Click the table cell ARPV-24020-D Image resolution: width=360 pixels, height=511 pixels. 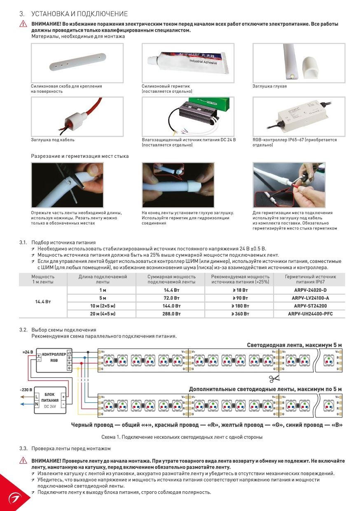310,290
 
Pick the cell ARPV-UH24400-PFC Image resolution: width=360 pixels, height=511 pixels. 310,314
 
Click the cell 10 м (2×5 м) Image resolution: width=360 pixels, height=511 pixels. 102,306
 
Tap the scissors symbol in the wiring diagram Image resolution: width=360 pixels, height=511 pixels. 274,378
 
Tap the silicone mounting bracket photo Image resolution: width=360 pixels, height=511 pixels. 77,63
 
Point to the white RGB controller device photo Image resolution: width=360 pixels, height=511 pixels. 298,116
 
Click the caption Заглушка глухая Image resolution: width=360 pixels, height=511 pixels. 269,86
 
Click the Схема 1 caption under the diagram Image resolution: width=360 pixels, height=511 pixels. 182,437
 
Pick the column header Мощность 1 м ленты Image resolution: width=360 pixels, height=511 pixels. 43,279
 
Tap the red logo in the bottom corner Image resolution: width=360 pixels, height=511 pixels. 13,497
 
